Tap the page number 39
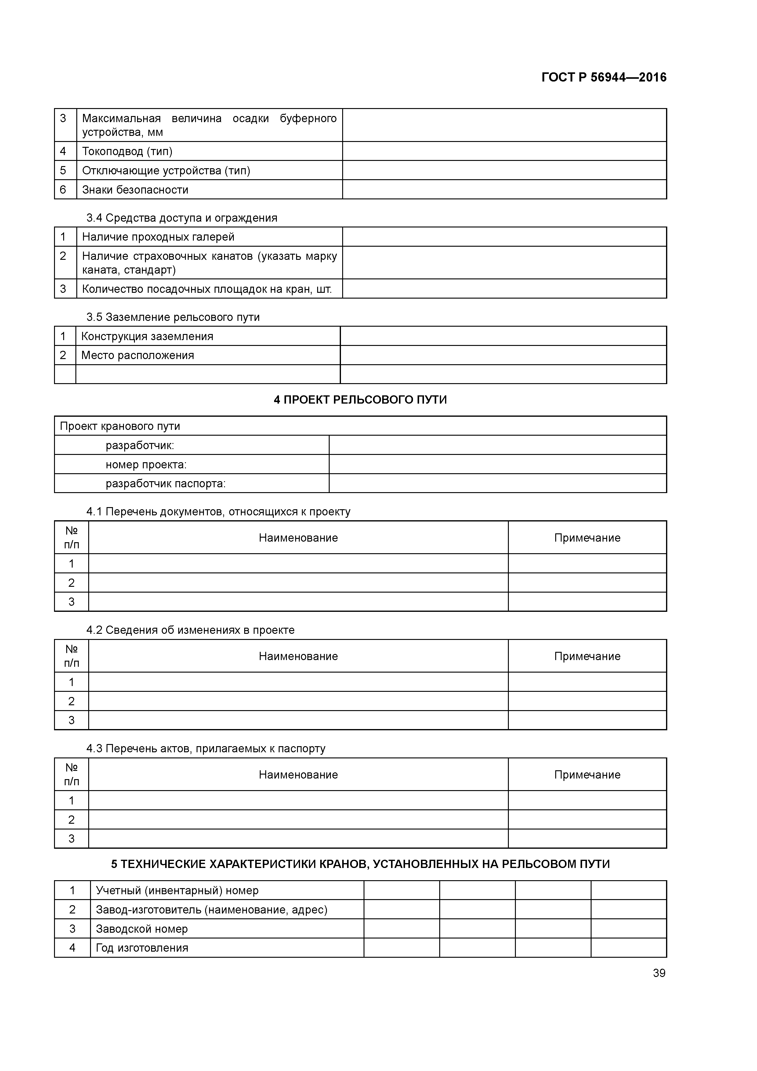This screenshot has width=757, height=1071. [x=659, y=973]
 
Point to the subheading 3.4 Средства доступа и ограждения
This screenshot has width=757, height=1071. [x=182, y=218]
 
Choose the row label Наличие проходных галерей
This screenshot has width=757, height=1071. [x=158, y=237]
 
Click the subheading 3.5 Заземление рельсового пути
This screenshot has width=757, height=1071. [x=173, y=317]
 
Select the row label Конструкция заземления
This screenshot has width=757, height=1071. [x=147, y=336]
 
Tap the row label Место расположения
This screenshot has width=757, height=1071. [x=138, y=355]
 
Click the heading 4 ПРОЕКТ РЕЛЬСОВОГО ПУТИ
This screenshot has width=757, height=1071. [x=360, y=400]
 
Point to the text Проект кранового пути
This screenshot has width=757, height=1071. [x=120, y=426]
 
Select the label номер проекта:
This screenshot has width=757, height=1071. [x=146, y=465]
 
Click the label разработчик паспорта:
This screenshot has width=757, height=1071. [x=165, y=484]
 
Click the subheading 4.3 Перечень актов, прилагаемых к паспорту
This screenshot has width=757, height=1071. [x=206, y=749]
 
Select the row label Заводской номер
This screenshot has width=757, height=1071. [x=142, y=929]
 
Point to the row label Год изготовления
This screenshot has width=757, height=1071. [x=142, y=948]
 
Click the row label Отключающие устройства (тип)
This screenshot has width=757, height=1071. [x=166, y=171]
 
